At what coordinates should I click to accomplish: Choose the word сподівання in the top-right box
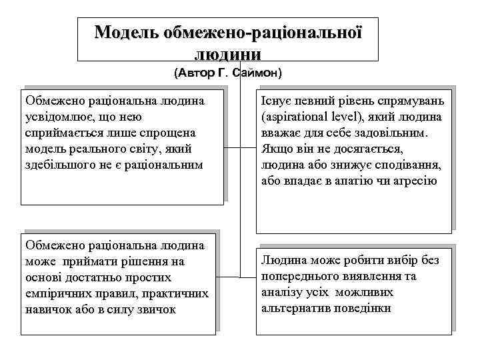[407, 165]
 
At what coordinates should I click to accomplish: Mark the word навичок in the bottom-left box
[46, 309]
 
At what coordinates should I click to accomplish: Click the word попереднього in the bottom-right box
[299, 277]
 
